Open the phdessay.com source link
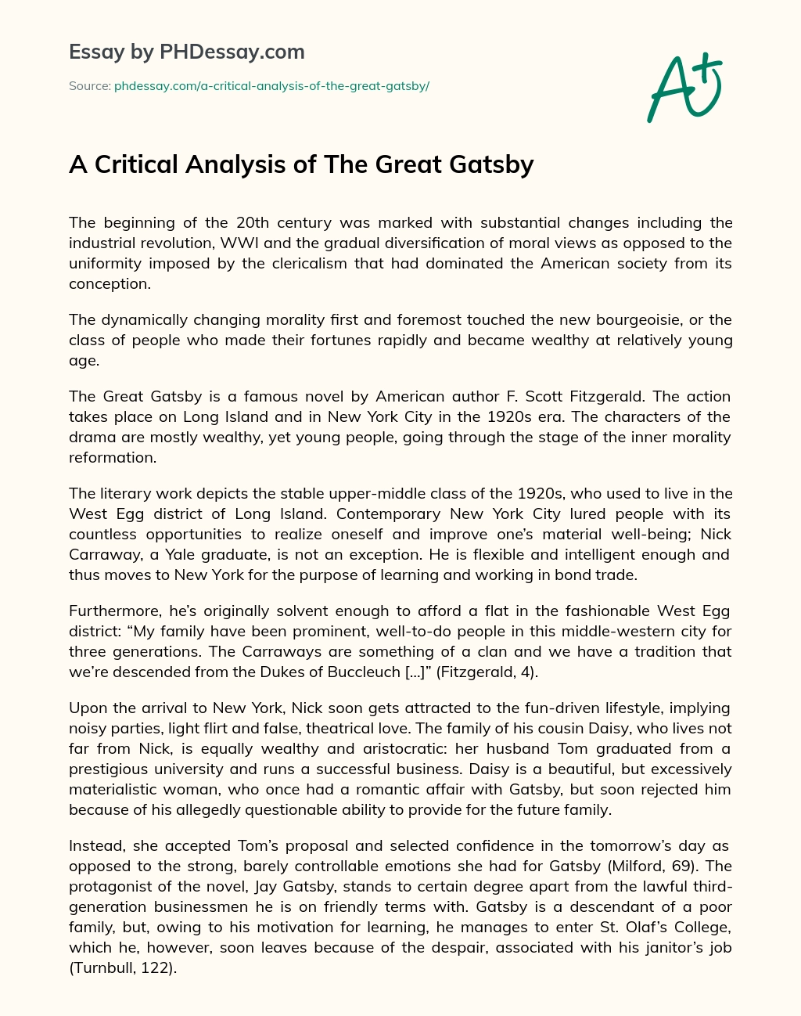click(x=271, y=86)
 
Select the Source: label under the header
click(x=89, y=86)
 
